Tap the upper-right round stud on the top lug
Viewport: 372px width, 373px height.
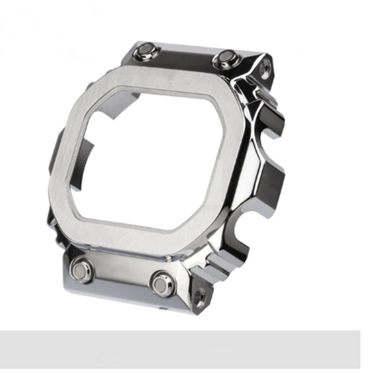(226, 57)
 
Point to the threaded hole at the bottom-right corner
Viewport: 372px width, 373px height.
(200, 298)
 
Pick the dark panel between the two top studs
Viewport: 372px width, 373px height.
(186, 56)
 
